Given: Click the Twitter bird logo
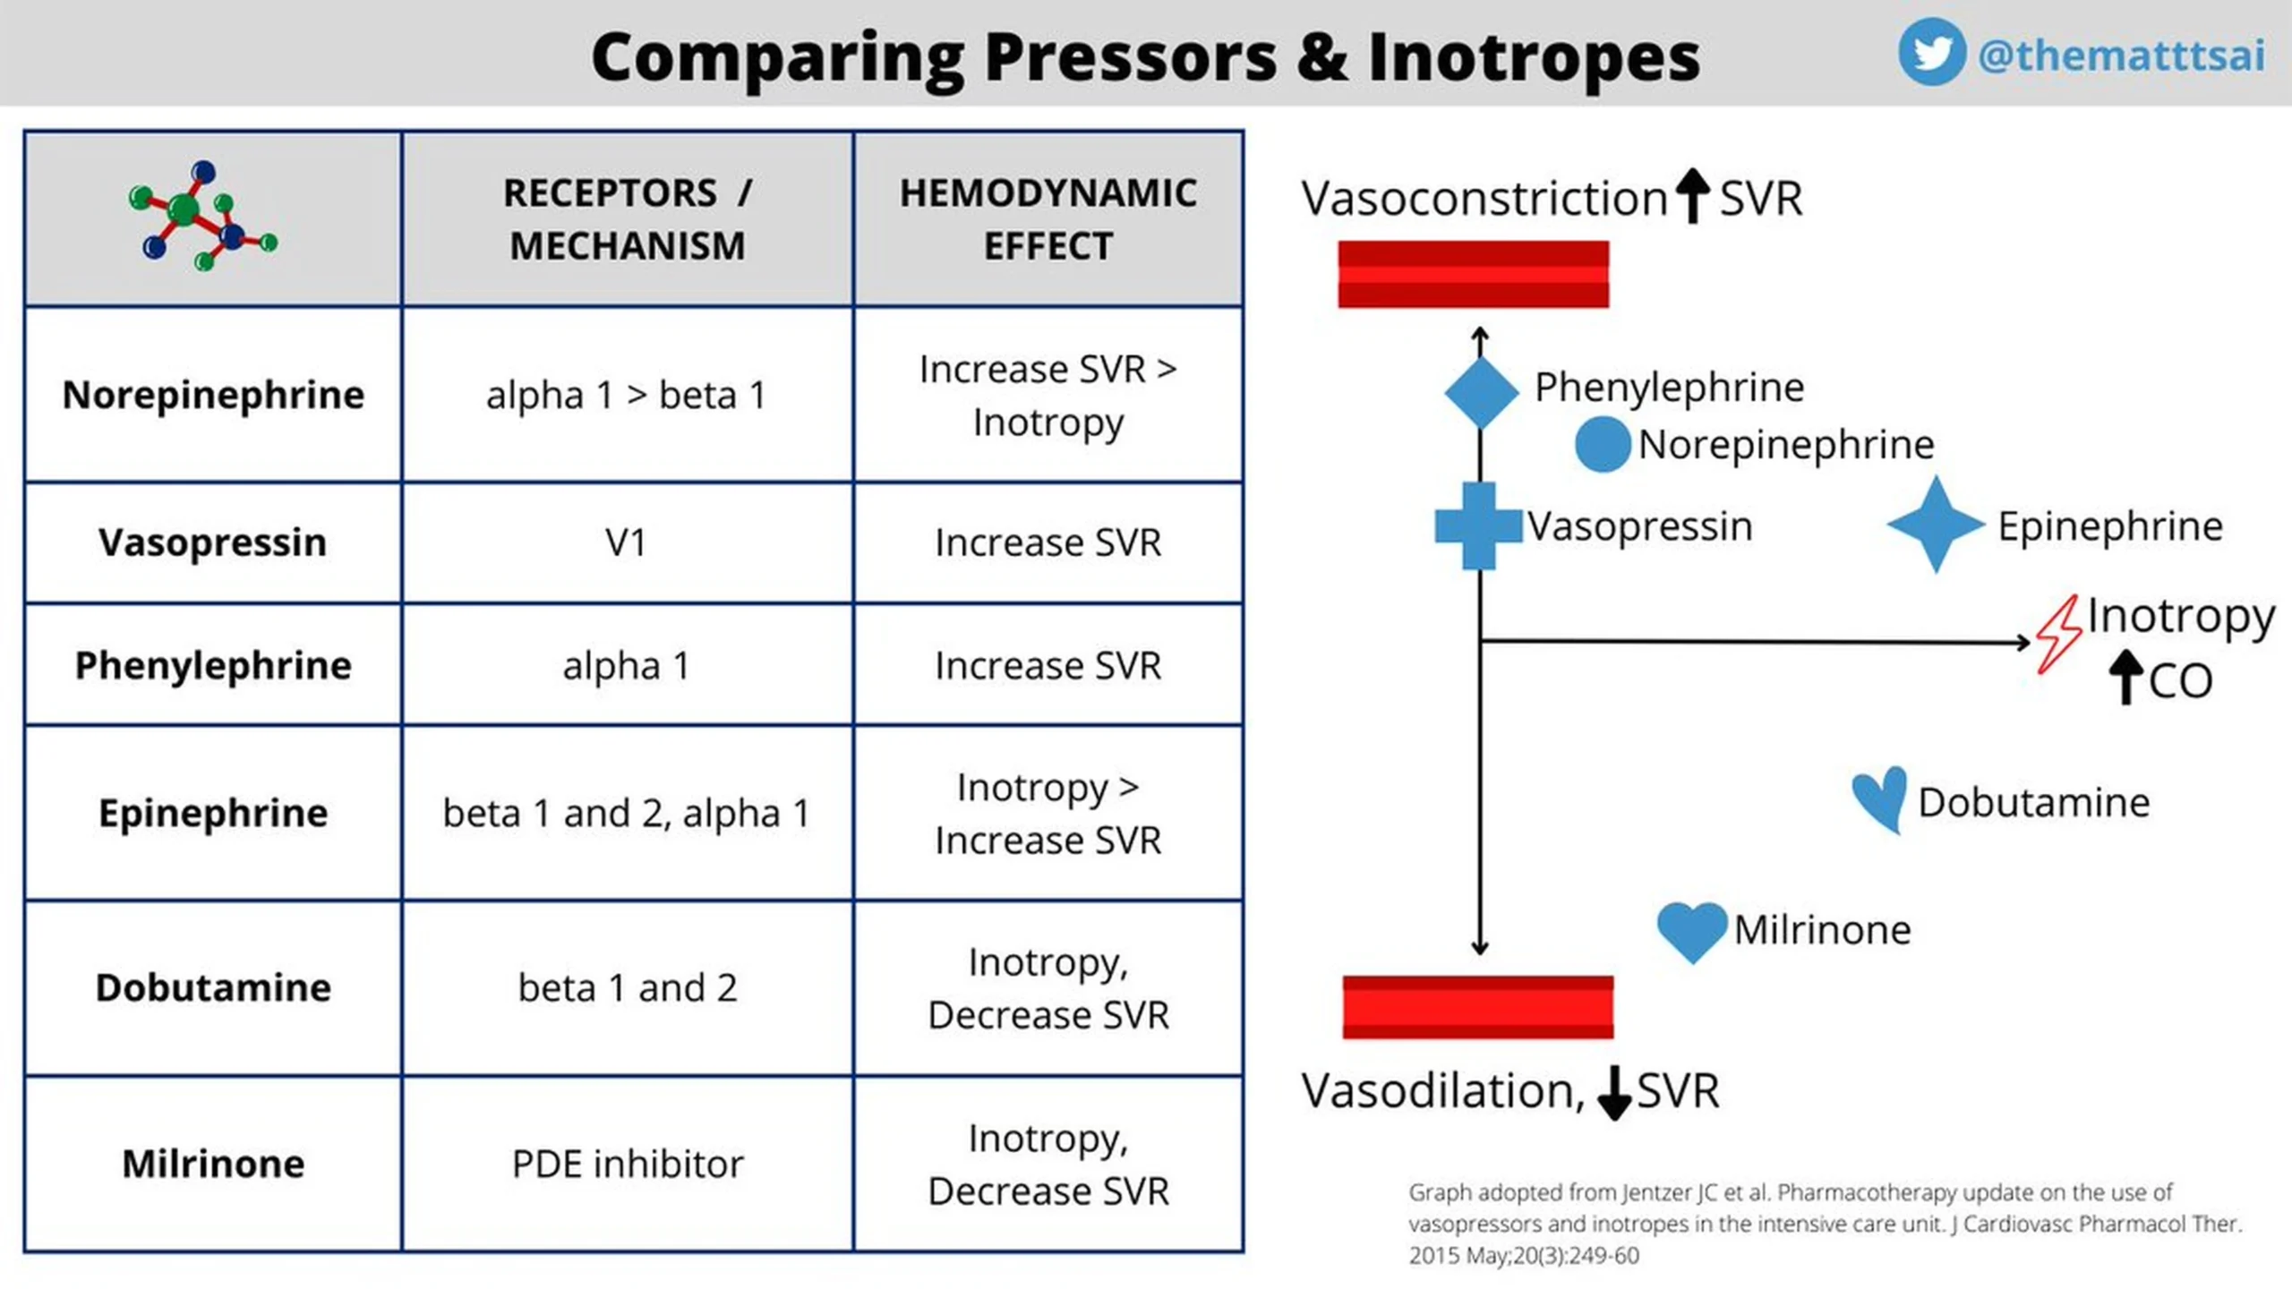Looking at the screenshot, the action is tap(1931, 52).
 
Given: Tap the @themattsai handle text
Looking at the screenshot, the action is tap(2122, 55).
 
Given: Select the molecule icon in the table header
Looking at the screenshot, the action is tap(203, 216).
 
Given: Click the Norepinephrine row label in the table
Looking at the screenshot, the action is tap(213, 395).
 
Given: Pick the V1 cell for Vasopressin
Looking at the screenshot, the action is tap(626, 542).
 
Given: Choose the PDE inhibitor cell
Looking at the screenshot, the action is tap(628, 1164).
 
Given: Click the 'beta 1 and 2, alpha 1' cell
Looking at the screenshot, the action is tap(626, 814).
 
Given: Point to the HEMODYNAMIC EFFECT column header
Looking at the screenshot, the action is tap(1048, 219).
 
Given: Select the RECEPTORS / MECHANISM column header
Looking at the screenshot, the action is tap(628, 219).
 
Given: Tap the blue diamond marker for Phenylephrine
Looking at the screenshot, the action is tap(1481, 392).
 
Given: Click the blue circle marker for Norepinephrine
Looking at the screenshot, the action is tap(1603, 444).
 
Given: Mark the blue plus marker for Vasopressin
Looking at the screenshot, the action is tap(1478, 525).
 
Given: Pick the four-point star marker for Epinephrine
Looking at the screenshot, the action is tap(1936, 525).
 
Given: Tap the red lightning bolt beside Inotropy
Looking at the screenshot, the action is tap(2058, 635).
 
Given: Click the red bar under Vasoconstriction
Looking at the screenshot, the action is tap(1474, 274).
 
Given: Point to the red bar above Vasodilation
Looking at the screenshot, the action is tap(1478, 1007).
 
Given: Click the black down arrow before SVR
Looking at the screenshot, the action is tap(1614, 1093).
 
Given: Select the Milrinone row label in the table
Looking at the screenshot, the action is tap(213, 1164).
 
